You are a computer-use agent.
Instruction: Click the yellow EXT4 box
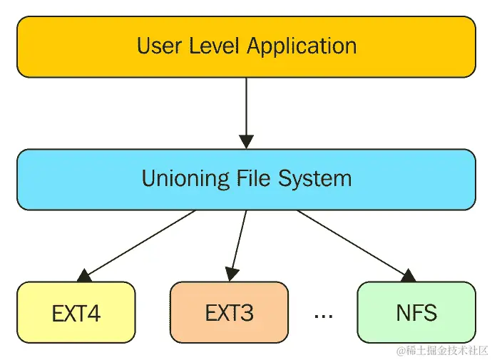[76, 312]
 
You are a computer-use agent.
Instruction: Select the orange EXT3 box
[229, 312]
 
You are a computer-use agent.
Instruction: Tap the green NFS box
[416, 312]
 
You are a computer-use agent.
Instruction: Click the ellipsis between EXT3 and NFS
[323, 314]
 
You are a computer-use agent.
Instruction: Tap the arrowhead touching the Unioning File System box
[246, 141]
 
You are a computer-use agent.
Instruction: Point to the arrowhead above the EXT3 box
[231, 273]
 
